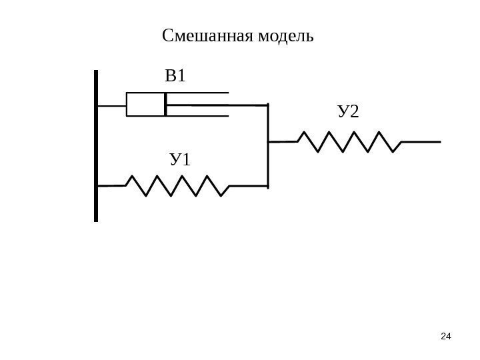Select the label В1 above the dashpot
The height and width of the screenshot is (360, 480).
(175, 77)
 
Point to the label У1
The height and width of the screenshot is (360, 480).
(180, 160)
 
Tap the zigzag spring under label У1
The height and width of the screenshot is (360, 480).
(177, 186)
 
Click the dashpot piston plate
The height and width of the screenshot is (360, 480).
(165, 105)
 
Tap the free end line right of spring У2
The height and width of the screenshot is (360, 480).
(421, 141)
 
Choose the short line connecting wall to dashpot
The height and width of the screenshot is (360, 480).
(112, 105)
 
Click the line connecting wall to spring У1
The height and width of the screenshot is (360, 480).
(112, 185)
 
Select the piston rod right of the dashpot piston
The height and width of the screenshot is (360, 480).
(217, 105)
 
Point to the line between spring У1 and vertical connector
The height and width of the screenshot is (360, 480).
(248, 185)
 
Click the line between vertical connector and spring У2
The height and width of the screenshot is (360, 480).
(283, 141)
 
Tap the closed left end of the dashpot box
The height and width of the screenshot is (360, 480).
(127, 105)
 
